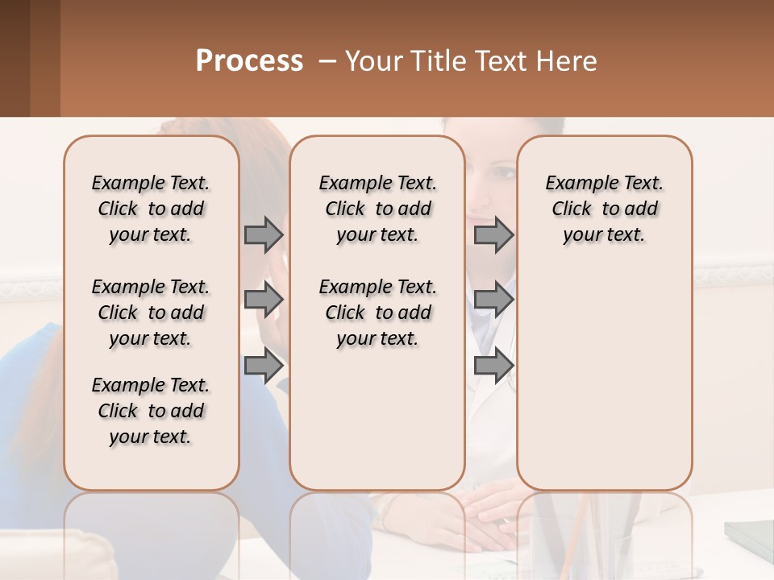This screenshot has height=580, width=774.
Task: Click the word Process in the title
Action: tap(249, 61)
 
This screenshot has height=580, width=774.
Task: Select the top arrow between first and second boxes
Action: tap(264, 234)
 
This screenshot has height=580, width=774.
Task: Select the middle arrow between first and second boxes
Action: tap(264, 300)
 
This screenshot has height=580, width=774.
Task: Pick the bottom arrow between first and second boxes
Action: tap(264, 366)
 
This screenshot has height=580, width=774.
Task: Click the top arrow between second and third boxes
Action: tap(493, 234)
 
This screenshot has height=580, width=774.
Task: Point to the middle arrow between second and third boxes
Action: tap(493, 300)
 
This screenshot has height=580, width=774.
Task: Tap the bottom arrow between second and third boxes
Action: tap(493, 366)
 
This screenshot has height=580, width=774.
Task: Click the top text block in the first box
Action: tap(151, 209)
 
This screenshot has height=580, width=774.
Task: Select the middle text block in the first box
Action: tap(151, 313)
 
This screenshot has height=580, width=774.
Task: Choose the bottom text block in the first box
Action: tap(151, 411)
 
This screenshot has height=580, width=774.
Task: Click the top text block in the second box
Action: tap(378, 209)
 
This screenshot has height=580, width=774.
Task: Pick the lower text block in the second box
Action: tap(378, 313)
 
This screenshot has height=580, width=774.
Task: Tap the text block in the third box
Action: tap(605, 209)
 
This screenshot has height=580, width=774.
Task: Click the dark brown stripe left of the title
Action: tap(15, 58)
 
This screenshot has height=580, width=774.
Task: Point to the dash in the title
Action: tap(327, 61)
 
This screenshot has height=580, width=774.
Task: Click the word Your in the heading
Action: tap(374, 61)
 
